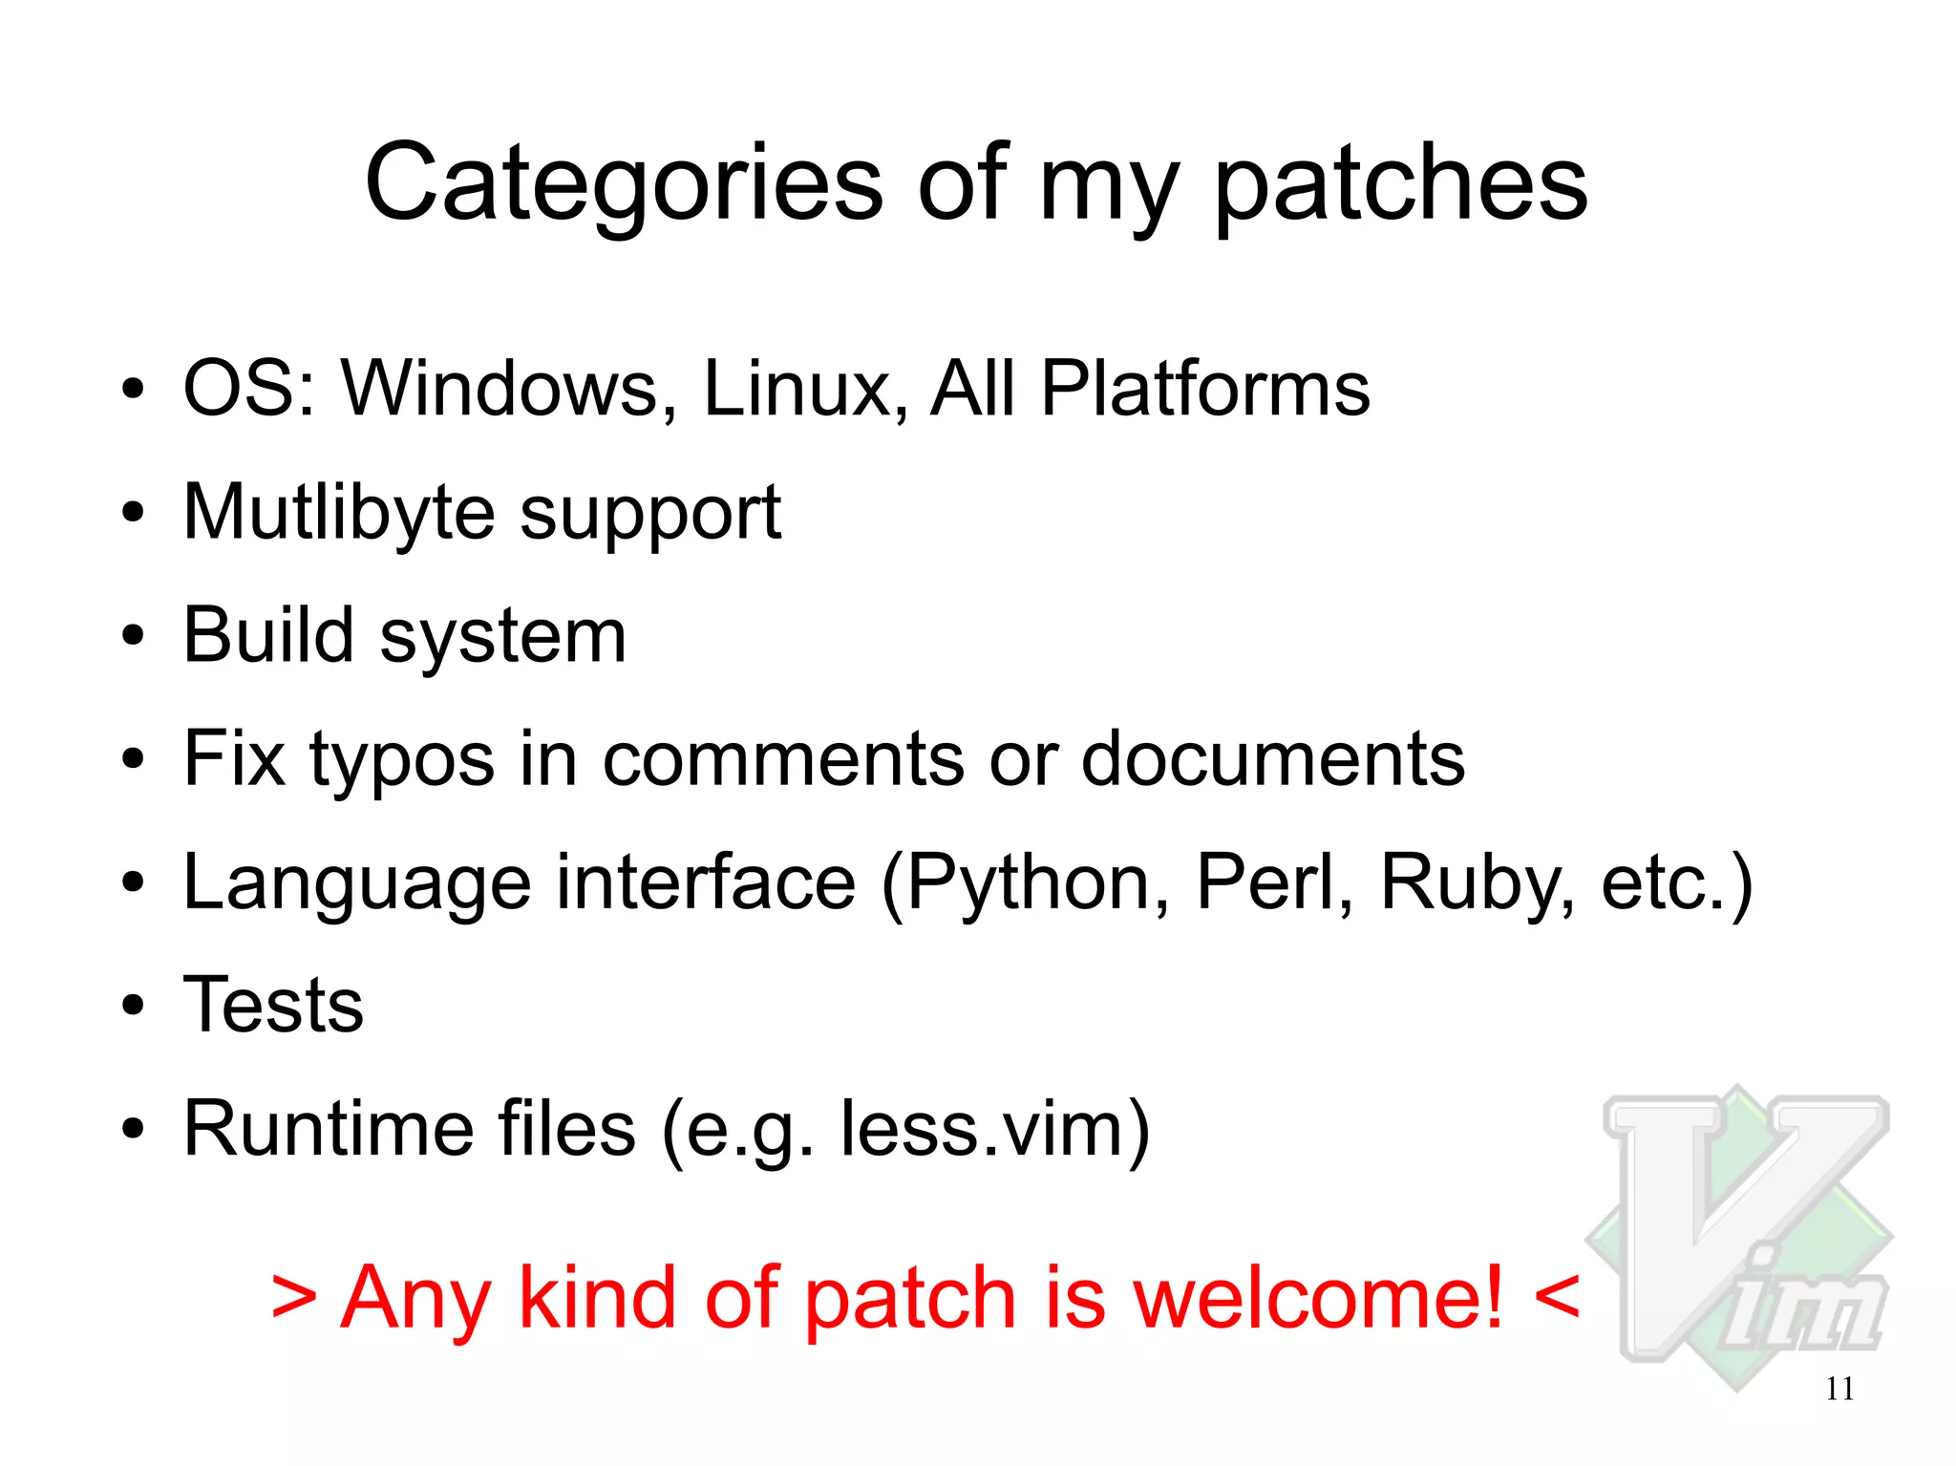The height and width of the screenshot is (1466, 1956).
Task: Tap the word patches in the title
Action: coord(1401,183)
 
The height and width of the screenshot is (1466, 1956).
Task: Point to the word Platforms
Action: coord(1205,389)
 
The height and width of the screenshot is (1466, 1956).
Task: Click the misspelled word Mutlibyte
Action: coord(339,513)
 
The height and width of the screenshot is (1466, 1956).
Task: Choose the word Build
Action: coord(268,635)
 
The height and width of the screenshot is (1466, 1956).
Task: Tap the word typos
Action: coord(401,760)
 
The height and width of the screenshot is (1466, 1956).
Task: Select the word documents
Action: coord(1272,759)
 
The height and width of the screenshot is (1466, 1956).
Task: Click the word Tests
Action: coord(273,1005)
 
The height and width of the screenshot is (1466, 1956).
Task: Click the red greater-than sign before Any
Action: coord(293,1299)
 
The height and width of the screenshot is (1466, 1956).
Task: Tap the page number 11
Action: coord(1839,1389)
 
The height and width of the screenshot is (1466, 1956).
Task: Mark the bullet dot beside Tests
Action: coord(133,1006)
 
